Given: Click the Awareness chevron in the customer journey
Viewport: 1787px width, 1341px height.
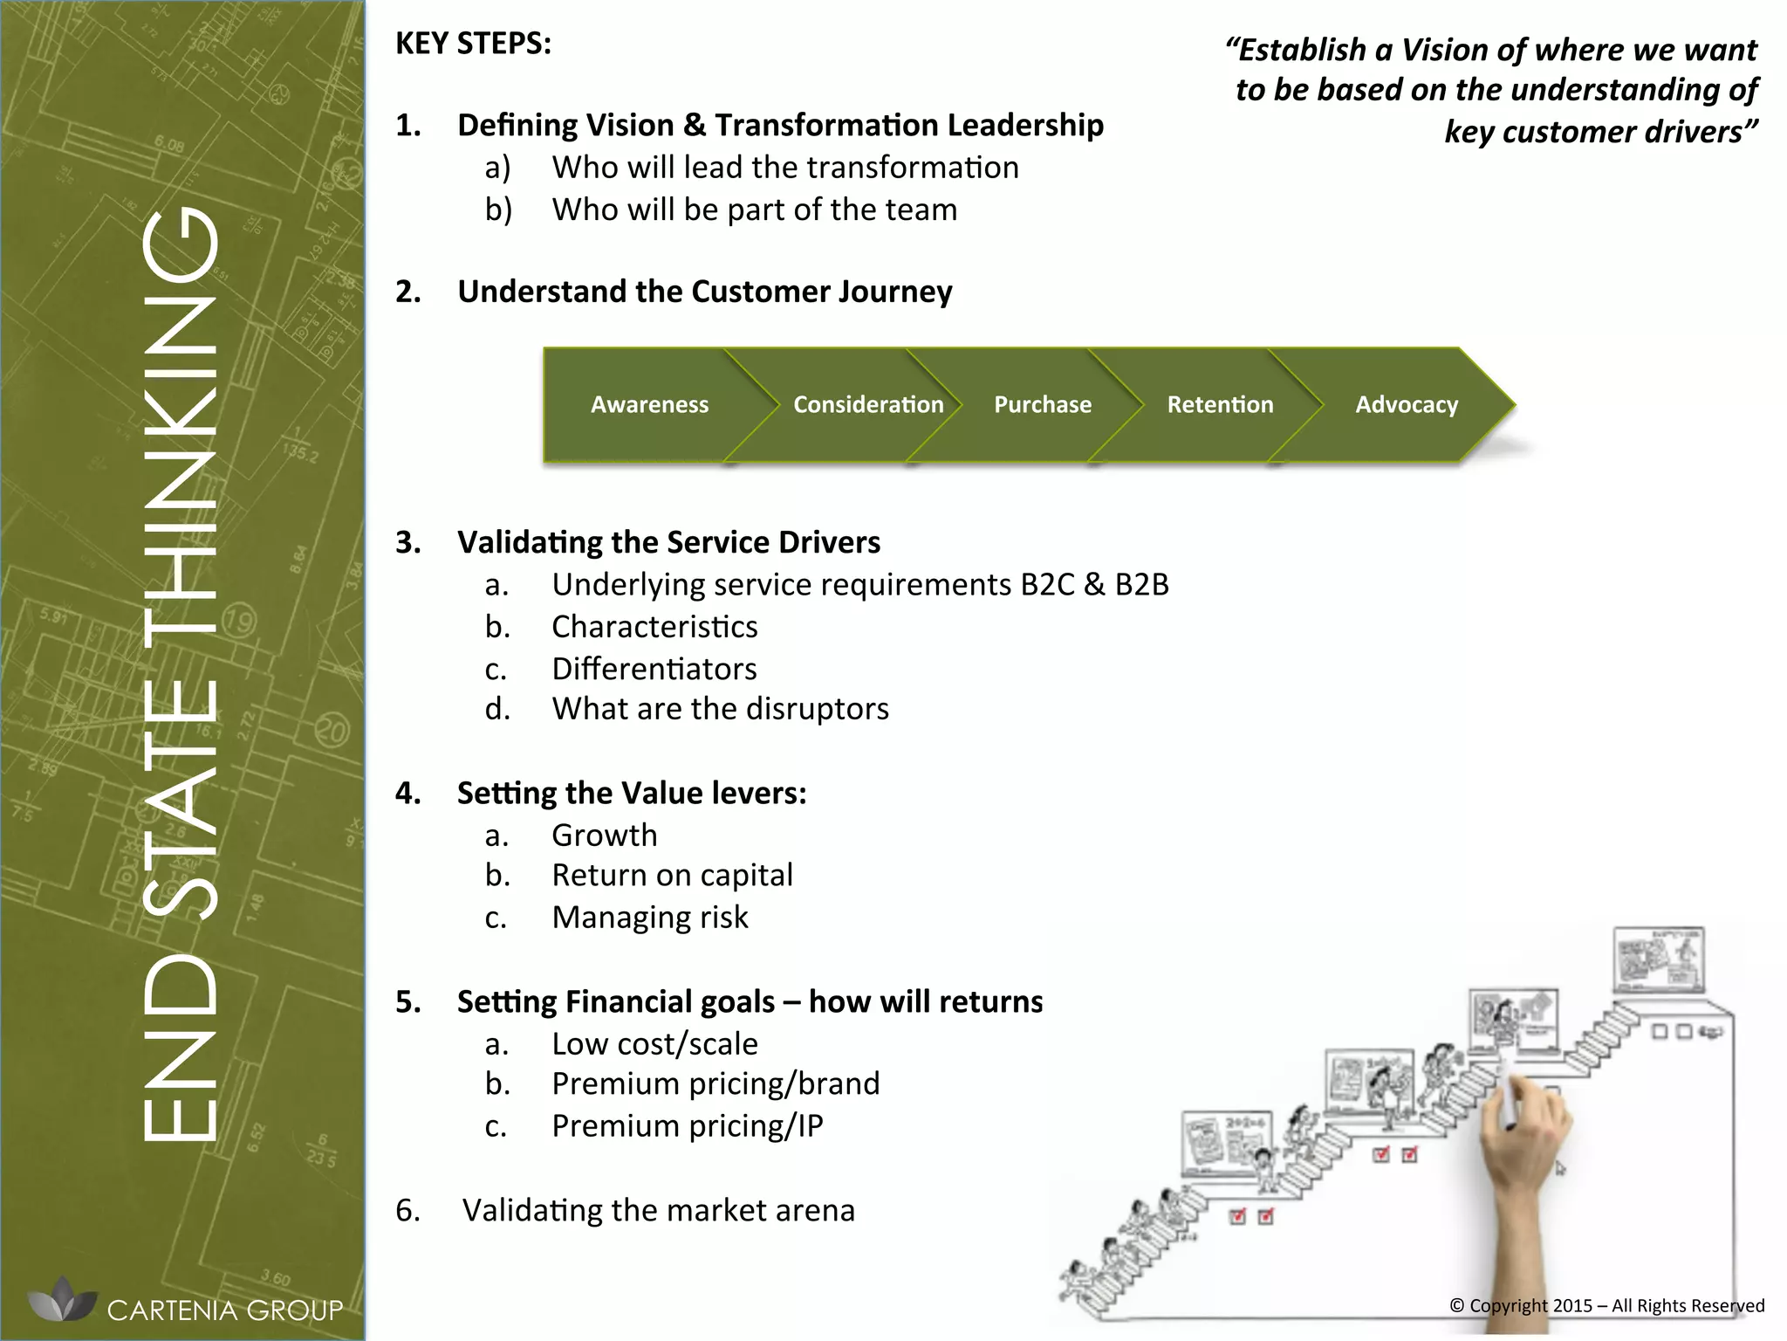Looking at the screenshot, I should click(x=649, y=404).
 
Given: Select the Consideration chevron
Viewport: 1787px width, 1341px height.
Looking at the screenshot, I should click(x=867, y=404).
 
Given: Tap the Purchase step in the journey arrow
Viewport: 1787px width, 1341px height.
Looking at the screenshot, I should click(x=1042, y=404).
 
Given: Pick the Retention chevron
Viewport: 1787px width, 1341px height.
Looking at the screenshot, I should click(x=1220, y=404).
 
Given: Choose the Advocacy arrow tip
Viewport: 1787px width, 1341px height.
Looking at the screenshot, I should click(x=1407, y=404).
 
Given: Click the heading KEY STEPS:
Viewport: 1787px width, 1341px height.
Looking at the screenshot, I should click(x=473, y=44).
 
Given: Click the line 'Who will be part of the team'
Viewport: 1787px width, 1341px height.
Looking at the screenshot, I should click(x=754, y=210).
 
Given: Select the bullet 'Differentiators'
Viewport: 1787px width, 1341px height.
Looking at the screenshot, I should click(x=654, y=669).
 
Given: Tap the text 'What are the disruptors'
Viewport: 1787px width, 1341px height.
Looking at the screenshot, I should click(x=720, y=708).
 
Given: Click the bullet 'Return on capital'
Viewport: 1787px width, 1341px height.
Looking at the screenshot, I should click(x=672, y=875).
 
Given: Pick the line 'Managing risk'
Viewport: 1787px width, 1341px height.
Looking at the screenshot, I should click(x=649, y=918).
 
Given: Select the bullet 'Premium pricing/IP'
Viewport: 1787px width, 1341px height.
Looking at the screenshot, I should click(x=687, y=1126).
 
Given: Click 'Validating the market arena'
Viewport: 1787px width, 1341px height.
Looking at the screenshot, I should click(x=658, y=1210).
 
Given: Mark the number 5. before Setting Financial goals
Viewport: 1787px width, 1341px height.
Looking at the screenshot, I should click(x=407, y=1001).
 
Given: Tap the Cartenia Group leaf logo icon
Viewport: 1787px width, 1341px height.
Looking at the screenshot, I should click(x=62, y=1300).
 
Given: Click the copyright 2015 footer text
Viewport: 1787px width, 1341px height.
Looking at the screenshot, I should click(x=1606, y=1306).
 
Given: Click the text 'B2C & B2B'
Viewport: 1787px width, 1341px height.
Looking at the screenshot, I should click(x=1094, y=584).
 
